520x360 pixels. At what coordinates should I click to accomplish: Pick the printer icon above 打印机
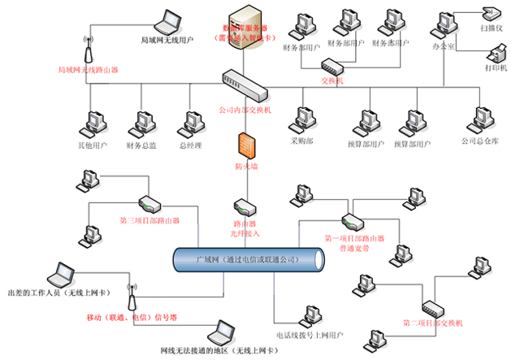point(496,54)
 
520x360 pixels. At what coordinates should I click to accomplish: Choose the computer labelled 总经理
point(192,127)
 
